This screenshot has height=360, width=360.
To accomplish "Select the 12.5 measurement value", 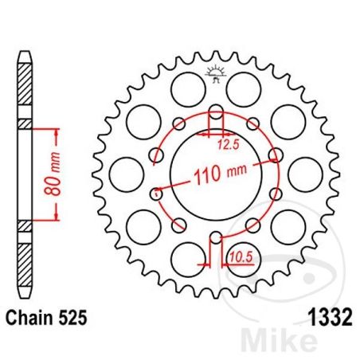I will tap(229, 145).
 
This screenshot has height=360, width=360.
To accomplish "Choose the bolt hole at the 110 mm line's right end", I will tap(274, 155).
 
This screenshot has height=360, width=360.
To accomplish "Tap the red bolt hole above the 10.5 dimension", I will tap(215, 236).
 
